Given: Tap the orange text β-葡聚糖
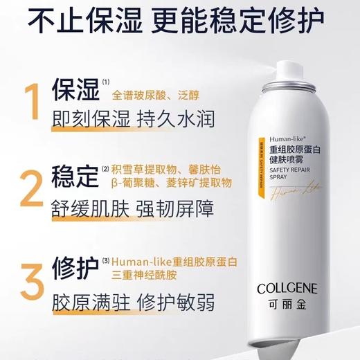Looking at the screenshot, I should pos(138,183).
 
